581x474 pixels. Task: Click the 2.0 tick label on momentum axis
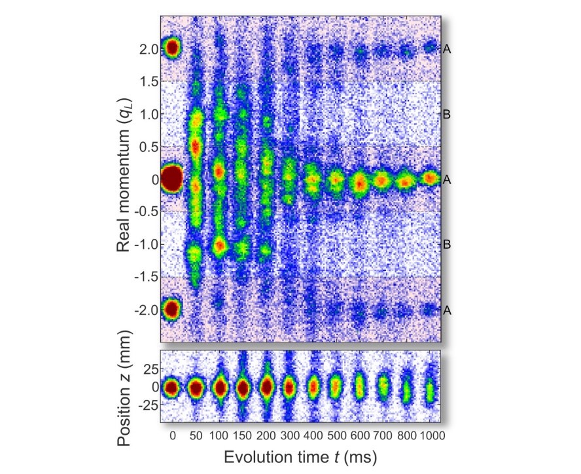coord(147,49)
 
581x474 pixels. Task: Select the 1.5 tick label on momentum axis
coord(147,81)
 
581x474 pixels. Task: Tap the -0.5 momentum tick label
coord(145,211)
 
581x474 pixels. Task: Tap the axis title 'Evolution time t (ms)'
coord(301,456)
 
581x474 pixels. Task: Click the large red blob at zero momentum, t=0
coord(171,179)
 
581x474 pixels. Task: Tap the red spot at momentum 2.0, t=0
coord(172,48)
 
